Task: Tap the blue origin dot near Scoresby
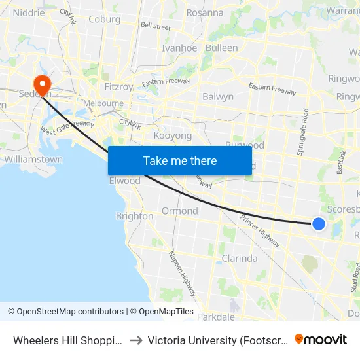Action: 319,224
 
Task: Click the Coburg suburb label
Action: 105,20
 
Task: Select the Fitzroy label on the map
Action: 118,86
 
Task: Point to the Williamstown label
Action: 33,159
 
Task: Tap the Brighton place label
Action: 134,216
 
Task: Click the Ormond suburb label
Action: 180,211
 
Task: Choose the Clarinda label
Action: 239,258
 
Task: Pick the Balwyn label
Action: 218,97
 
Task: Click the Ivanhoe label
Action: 179,48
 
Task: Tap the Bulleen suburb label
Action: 221,48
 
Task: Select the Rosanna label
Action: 205,12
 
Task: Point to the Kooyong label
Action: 172,135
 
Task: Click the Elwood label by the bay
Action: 124,181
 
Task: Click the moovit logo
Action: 321,339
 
